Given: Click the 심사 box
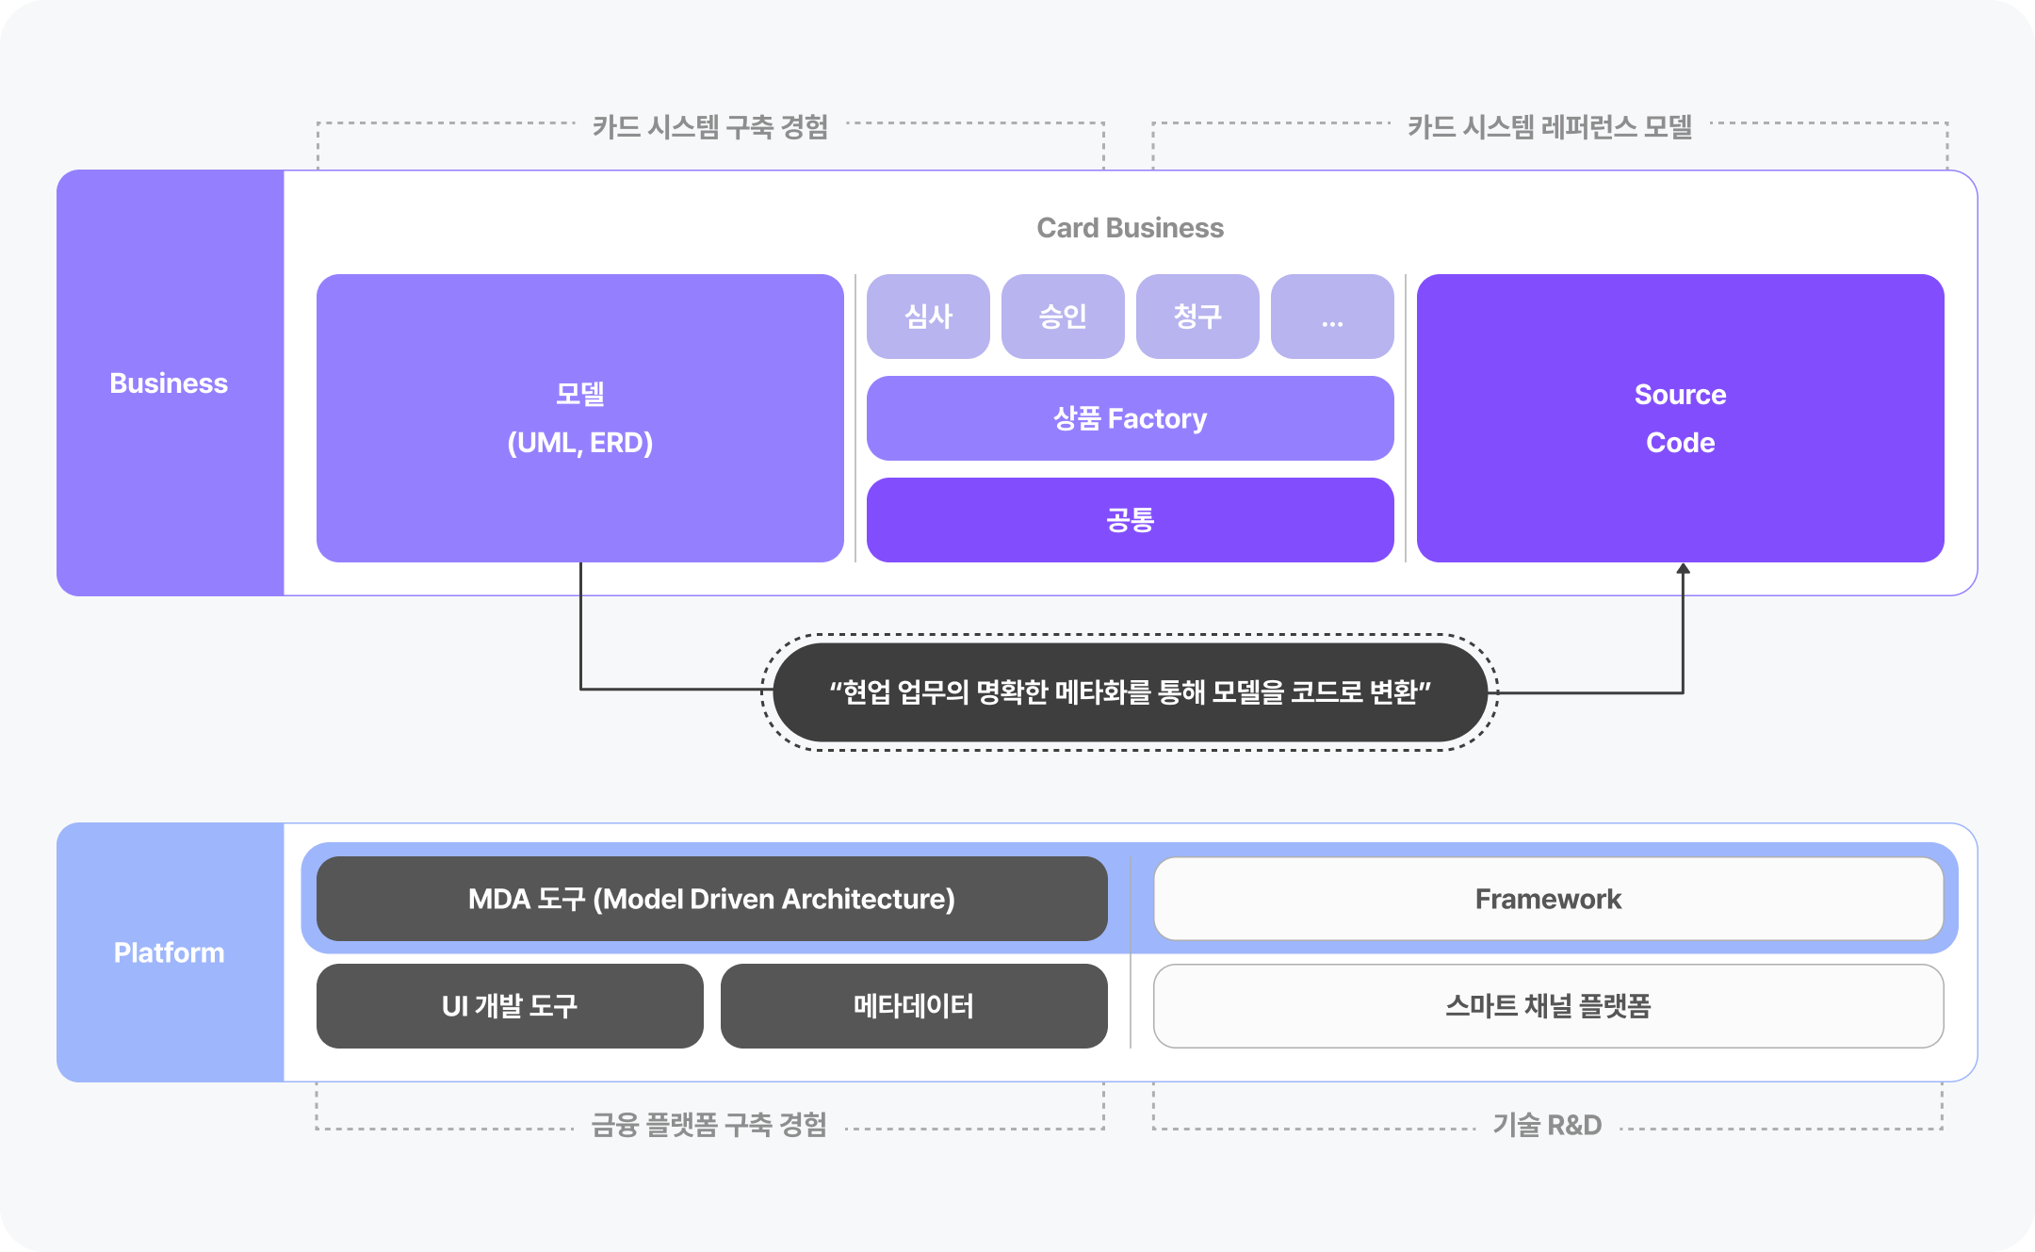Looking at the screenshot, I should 928,317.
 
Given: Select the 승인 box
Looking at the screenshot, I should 1063,317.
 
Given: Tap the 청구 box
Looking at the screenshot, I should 1197,317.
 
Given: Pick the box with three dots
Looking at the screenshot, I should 1332,317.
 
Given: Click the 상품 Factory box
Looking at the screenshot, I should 1130,418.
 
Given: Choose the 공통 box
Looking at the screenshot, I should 1130,520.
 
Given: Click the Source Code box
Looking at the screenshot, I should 1680,418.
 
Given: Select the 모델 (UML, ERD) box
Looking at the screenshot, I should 579,418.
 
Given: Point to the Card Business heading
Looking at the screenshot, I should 1130,228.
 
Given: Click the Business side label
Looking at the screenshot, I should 170,383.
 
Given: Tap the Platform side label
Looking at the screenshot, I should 170,952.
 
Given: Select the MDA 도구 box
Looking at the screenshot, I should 711,899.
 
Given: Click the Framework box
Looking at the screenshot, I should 1548,899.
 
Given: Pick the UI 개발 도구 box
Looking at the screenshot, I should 510,1006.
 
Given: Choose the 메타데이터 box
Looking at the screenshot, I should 914,1006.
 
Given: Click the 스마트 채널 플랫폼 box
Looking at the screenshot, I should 1548,1006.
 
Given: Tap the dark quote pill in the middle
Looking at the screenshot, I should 1130,692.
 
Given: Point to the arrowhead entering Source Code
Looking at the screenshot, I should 1683,569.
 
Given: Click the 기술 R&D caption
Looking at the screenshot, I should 1547,1125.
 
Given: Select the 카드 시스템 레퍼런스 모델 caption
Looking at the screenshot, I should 1550,126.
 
